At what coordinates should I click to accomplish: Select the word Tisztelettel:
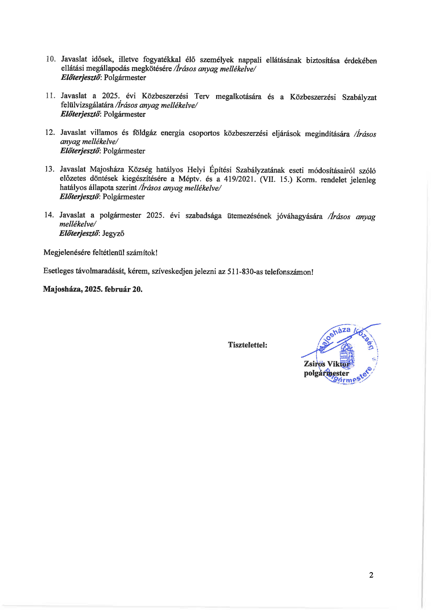[247, 345]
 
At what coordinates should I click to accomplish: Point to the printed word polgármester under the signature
[326, 373]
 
